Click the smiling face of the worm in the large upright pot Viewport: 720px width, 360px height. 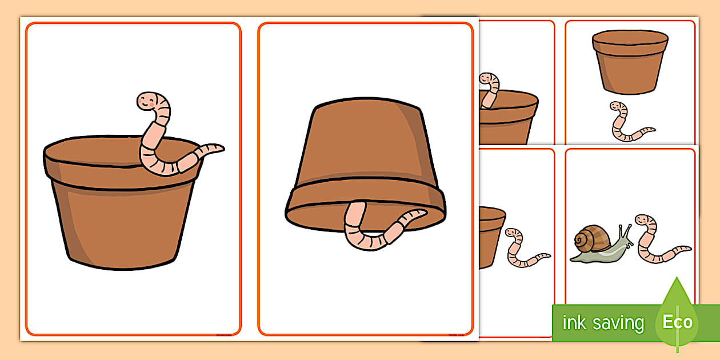coord(148,102)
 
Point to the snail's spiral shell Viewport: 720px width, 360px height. coord(591,239)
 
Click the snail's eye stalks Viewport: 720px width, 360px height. coord(625,231)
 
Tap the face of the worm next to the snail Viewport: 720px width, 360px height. coord(643,221)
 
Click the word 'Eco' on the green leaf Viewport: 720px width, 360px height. coord(678,322)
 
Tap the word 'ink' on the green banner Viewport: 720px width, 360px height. coord(574,323)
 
